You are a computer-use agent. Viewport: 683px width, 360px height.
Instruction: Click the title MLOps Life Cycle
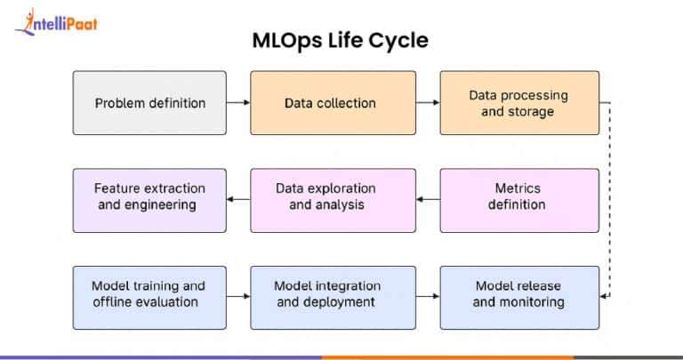click(341, 40)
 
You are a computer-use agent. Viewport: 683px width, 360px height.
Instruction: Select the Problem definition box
click(149, 103)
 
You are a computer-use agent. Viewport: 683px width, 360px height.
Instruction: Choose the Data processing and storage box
click(519, 103)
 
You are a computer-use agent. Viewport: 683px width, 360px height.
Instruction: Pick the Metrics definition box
click(519, 197)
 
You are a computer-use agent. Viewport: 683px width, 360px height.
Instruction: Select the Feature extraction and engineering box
click(149, 197)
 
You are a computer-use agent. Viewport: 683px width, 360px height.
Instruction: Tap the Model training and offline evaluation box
click(149, 294)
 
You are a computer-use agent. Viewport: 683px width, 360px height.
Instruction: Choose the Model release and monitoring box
click(519, 294)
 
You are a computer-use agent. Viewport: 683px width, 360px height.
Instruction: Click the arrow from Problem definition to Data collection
click(237, 103)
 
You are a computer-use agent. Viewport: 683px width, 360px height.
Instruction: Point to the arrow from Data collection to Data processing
click(428, 103)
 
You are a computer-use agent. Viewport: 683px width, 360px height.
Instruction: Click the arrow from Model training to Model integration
click(237, 294)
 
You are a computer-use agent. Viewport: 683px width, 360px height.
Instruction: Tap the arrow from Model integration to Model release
click(428, 294)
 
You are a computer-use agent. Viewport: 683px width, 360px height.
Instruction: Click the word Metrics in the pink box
click(518, 188)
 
